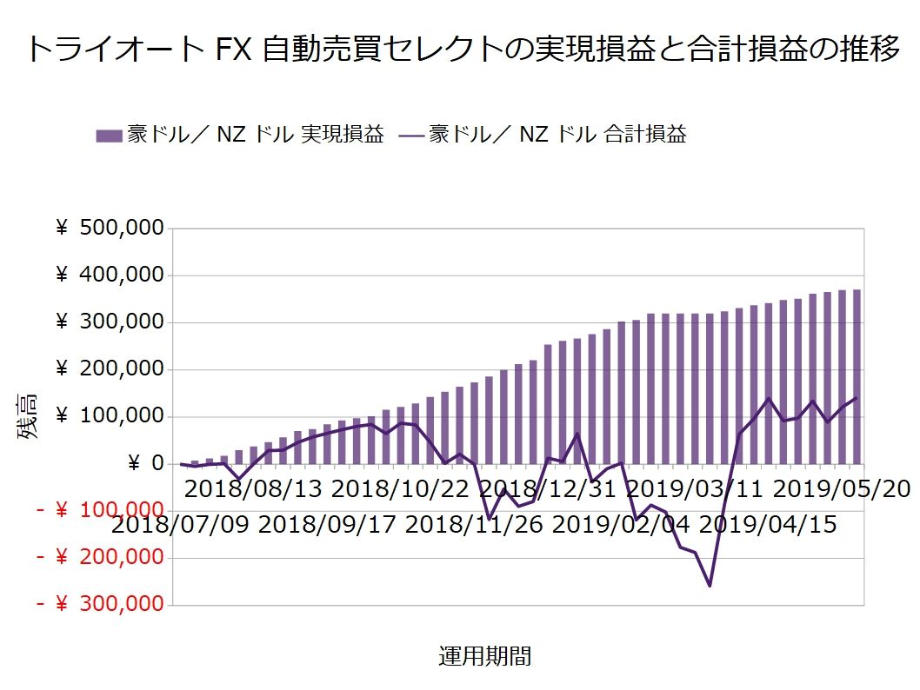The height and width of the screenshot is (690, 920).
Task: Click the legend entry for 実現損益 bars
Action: tap(240, 135)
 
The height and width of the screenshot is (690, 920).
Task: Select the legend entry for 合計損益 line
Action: tap(543, 135)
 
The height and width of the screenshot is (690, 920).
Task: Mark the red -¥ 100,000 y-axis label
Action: tap(100, 510)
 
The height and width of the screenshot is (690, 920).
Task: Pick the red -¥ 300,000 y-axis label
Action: tap(100, 604)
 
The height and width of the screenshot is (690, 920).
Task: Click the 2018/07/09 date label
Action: tap(180, 525)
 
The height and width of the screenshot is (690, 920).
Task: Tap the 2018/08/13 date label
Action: tap(253, 488)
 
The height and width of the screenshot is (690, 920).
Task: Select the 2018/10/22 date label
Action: tap(400, 488)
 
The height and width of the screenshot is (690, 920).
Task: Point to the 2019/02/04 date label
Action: tap(621, 525)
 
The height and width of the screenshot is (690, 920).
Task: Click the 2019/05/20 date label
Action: tap(841, 488)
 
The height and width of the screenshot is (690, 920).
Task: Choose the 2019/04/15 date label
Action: tap(768, 525)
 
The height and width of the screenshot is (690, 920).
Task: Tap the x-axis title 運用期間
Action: tap(484, 657)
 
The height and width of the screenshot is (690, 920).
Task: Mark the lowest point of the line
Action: tap(710, 586)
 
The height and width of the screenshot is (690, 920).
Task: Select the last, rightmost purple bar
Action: tap(857, 377)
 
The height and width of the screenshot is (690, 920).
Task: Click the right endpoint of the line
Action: tap(857, 398)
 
